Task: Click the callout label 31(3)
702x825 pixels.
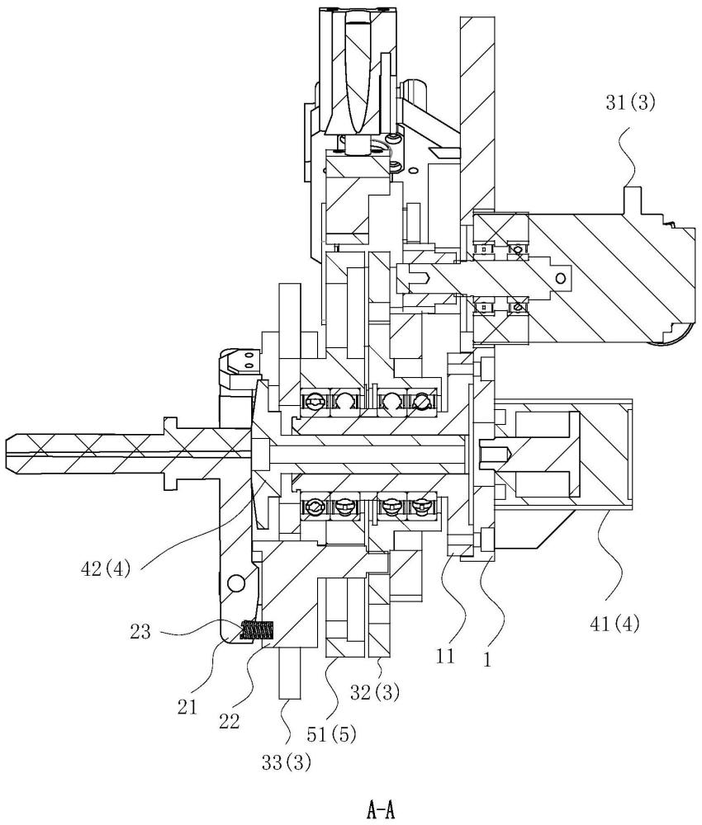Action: click(630, 102)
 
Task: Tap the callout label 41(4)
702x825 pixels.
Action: click(614, 624)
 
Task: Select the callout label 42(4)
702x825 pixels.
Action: click(106, 569)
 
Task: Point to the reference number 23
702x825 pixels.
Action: click(140, 631)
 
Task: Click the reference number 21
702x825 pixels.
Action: click(187, 707)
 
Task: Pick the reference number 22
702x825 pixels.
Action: click(229, 721)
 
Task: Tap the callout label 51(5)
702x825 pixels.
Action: click(331, 734)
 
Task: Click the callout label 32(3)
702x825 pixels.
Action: click(375, 692)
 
